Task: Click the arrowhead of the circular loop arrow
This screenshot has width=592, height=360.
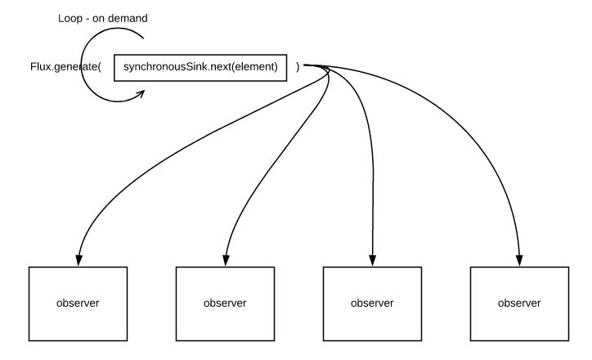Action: point(141,92)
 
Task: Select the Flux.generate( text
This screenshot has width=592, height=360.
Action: point(65,68)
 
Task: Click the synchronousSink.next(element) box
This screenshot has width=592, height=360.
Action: point(201,68)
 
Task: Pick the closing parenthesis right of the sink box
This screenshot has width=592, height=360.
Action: point(298,68)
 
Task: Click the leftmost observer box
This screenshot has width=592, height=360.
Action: point(78,302)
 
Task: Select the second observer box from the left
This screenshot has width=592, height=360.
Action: point(225,302)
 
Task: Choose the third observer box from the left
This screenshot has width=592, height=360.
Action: point(372,302)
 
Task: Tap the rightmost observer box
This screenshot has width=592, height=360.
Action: point(519,302)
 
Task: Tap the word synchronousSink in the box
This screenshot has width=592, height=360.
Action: point(159,68)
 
